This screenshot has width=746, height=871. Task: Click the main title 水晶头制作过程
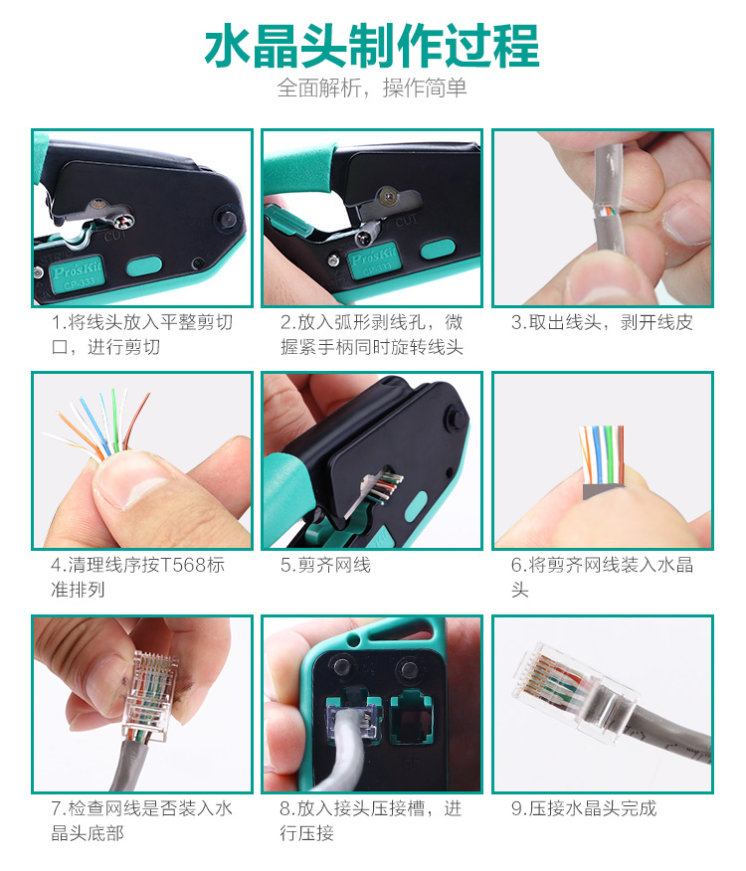coord(372,46)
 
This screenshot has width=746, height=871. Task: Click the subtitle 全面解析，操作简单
coord(372,87)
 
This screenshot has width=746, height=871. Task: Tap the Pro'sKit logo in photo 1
coord(77,273)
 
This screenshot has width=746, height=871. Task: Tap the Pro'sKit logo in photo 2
coord(373,259)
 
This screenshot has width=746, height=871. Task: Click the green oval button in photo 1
coord(144,265)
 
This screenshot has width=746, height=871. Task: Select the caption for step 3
coord(602,322)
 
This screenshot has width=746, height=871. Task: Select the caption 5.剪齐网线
coord(325,565)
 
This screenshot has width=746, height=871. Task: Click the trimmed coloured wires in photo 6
coord(602,453)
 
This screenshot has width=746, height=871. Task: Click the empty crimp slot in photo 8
coord(413,717)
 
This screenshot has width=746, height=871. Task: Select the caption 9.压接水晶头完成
coord(584,808)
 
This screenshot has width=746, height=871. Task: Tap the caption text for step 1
coord(142,334)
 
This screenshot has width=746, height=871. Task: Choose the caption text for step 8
coord(371,820)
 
